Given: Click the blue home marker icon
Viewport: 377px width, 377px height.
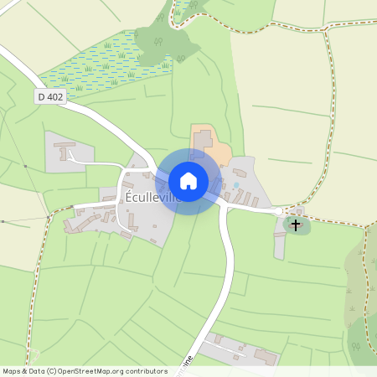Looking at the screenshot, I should (x=188, y=181).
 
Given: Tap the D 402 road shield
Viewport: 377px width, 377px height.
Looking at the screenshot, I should (x=50, y=97).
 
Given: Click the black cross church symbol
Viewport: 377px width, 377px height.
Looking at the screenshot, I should (x=295, y=224).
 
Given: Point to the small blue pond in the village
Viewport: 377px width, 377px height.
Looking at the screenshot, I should (x=236, y=184).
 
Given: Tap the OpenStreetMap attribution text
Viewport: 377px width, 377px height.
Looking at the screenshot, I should (x=85, y=370).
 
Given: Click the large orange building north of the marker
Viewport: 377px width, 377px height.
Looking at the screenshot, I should (x=204, y=143).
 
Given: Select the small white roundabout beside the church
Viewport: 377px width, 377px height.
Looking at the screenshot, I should (x=281, y=212).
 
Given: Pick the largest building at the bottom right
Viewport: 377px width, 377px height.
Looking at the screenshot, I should (x=266, y=356).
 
